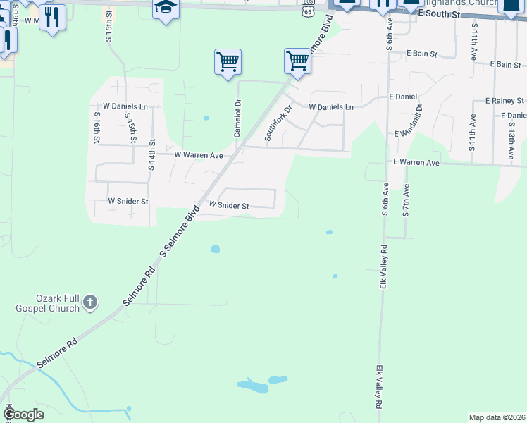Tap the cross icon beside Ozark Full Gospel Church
[x=89, y=303]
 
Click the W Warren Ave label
[x=199, y=154]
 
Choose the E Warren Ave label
[x=416, y=163]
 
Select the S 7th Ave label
[x=406, y=201]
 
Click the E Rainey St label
[x=506, y=102]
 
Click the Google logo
[x=24, y=415]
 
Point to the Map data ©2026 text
[x=496, y=417]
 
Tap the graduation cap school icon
[x=166, y=8]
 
